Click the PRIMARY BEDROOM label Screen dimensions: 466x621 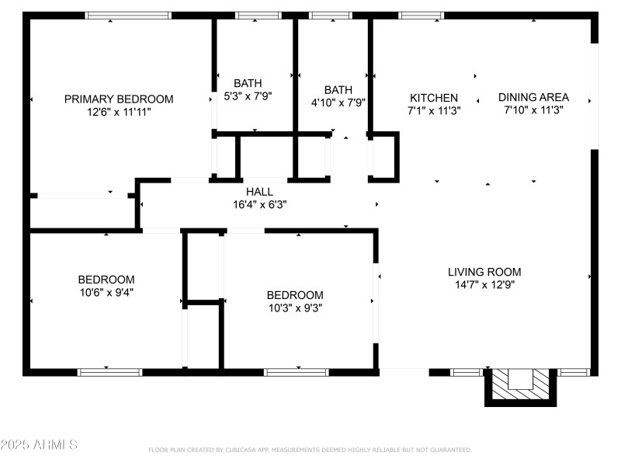(118, 99)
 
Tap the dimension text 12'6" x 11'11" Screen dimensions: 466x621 (118, 112)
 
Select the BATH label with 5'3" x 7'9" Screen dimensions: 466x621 (248, 83)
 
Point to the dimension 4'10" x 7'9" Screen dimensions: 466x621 (338, 102)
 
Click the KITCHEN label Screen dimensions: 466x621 (434, 98)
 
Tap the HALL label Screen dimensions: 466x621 (259, 192)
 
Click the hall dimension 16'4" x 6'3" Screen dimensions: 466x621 (259, 205)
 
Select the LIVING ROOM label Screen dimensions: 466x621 (484, 272)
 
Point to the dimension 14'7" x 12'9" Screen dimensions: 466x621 (484, 284)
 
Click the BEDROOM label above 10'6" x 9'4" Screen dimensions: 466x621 (106, 280)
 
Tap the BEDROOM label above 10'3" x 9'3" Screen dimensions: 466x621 (295, 295)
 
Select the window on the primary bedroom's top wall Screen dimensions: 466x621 (128, 15)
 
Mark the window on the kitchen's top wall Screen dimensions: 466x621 (422, 15)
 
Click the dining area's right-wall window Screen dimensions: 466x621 (595, 96)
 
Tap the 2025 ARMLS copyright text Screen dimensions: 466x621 (39, 445)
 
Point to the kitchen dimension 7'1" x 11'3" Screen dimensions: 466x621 (434, 110)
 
